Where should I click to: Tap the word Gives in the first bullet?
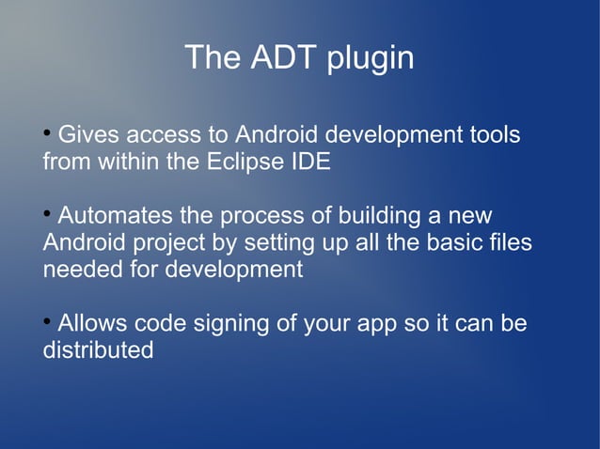pos(88,135)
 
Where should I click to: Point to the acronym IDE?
pos(309,162)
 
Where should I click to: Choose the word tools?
pos(494,135)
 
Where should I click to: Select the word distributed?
pos(98,351)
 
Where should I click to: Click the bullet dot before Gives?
pos(47,132)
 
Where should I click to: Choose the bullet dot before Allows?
pos(47,321)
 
